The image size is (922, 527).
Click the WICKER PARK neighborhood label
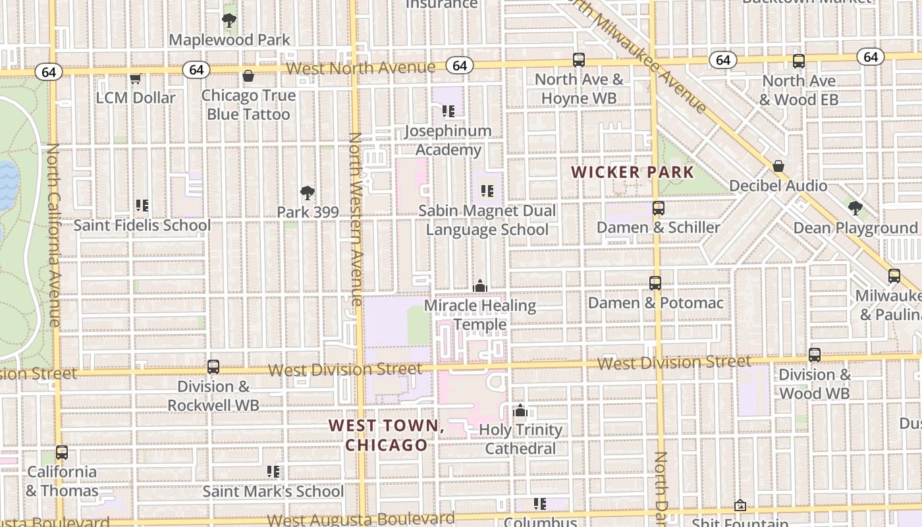pyautogui.click(x=632, y=173)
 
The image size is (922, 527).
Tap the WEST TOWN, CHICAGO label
pyautogui.click(x=387, y=435)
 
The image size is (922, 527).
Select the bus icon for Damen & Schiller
pyautogui.click(x=658, y=208)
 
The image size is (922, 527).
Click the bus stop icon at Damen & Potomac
pyautogui.click(x=655, y=283)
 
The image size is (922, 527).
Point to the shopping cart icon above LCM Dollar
pyautogui.click(x=136, y=78)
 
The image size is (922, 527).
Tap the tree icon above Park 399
pyautogui.click(x=307, y=193)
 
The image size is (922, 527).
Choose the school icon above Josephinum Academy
pyautogui.click(x=448, y=111)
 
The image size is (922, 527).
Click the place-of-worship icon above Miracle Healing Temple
pyautogui.click(x=480, y=287)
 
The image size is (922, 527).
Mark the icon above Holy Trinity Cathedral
pyautogui.click(x=520, y=411)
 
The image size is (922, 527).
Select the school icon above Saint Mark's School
pyautogui.click(x=273, y=472)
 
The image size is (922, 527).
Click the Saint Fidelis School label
pyautogui.click(x=142, y=225)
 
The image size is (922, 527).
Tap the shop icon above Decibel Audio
pyautogui.click(x=778, y=166)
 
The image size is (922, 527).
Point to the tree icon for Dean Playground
pyautogui.click(x=855, y=209)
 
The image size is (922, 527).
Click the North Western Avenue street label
pyautogui.click(x=356, y=219)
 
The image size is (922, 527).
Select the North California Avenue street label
pyautogui.click(x=53, y=235)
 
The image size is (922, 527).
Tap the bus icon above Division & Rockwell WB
pyautogui.click(x=213, y=367)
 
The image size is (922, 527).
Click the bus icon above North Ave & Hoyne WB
pyautogui.click(x=579, y=60)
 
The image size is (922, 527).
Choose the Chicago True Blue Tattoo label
pyautogui.click(x=248, y=105)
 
